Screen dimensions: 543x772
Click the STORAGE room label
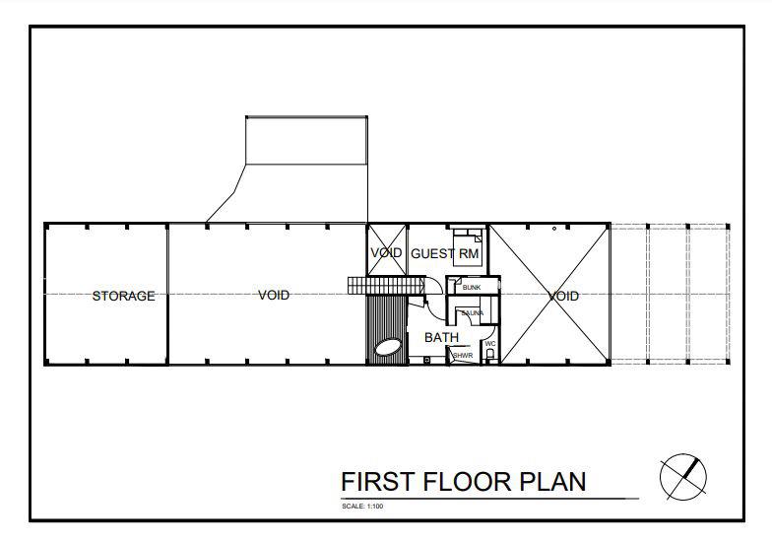(x=123, y=296)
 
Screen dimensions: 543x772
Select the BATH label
(x=441, y=338)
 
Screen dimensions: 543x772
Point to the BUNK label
(x=471, y=288)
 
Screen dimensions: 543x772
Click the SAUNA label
(x=472, y=313)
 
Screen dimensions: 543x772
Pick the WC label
(x=489, y=344)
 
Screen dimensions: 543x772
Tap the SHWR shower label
(x=463, y=355)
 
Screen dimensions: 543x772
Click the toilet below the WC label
(x=489, y=357)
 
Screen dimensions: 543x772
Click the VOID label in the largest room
(x=274, y=295)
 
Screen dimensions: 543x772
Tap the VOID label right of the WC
(x=563, y=296)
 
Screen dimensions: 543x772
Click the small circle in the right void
(x=554, y=229)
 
